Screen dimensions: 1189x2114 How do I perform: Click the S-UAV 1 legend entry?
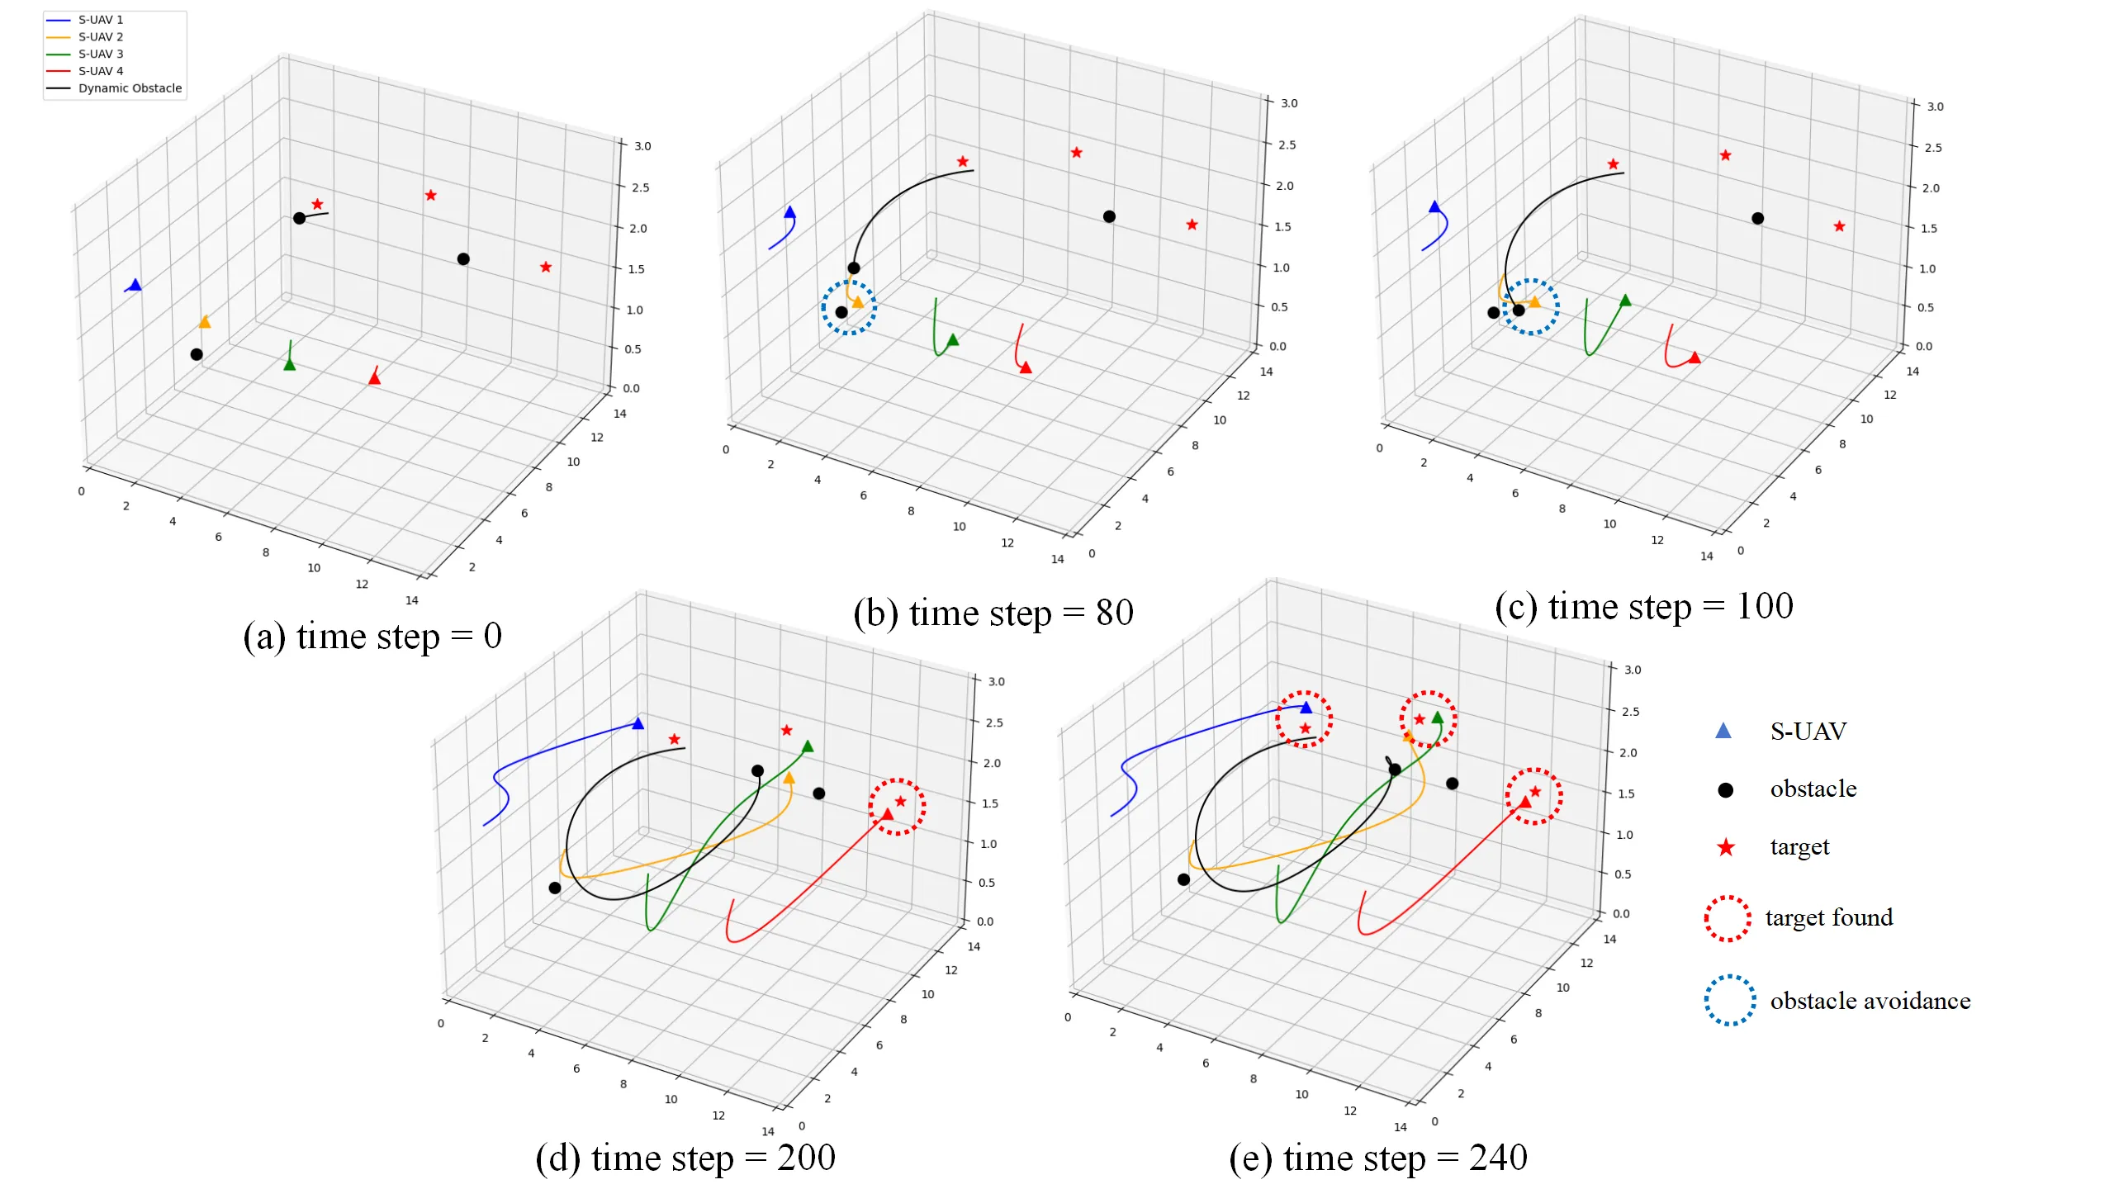tap(100, 20)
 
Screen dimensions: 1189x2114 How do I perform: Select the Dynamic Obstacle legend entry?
tap(130, 88)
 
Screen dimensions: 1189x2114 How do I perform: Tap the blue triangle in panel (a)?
tap(135, 285)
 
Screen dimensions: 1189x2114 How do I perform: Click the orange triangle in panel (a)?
tap(205, 322)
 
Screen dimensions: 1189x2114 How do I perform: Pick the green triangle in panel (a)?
tap(290, 364)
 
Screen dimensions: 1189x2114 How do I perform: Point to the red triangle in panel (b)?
tap(1026, 367)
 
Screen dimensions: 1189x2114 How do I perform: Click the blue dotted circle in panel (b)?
tap(849, 307)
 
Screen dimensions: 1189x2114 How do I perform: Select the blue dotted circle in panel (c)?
tap(1531, 307)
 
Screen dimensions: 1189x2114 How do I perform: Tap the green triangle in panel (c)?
tap(1625, 301)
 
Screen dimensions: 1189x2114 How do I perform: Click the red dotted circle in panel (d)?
tap(897, 807)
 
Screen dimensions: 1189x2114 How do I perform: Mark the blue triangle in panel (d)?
tap(638, 724)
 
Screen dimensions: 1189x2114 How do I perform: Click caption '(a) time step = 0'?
tap(372, 636)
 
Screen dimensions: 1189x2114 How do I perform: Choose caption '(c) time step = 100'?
tap(1643, 607)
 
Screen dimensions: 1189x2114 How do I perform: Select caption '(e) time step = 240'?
tap(1377, 1158)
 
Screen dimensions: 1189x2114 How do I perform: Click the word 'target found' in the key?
tap(1828, 917)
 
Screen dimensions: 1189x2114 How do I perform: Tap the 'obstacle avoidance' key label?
tap(1870, 1001)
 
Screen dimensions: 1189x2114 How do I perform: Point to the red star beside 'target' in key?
tap(1726, 848)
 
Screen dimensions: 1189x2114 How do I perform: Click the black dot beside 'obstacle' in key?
tap(1725, 790)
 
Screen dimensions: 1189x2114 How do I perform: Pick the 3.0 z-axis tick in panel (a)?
tap(642, 146)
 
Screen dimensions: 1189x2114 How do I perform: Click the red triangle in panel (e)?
tap(1525, 802)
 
